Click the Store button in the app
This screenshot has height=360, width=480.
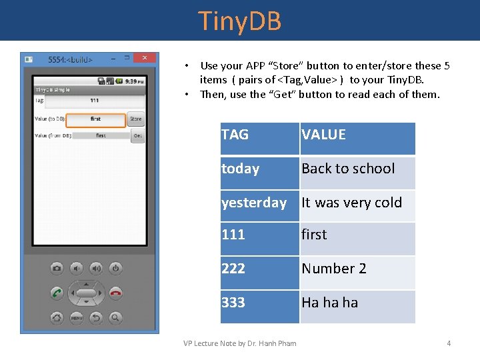[135, 119]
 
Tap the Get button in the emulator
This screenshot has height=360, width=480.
[137, 135]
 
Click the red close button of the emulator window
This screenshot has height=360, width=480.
[145, 58]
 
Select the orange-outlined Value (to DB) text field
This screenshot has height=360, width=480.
[96, 119]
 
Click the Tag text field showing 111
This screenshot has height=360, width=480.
[94, 101]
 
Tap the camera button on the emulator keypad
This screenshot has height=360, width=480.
[57, 268]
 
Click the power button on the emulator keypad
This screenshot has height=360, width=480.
[115, 268]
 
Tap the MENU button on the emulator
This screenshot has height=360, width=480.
[76, 317]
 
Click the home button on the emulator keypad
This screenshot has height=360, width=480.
[57, 317]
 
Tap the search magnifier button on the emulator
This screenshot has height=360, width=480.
[115, 317]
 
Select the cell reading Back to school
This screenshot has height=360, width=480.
[357, 169]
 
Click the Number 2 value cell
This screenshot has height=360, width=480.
[357, 269]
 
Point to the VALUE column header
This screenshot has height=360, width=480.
[357, 135]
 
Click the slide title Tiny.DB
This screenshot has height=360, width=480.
[240, 21]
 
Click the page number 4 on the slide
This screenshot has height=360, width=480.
[449, 343]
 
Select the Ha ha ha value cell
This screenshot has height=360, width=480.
[357, 303]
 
